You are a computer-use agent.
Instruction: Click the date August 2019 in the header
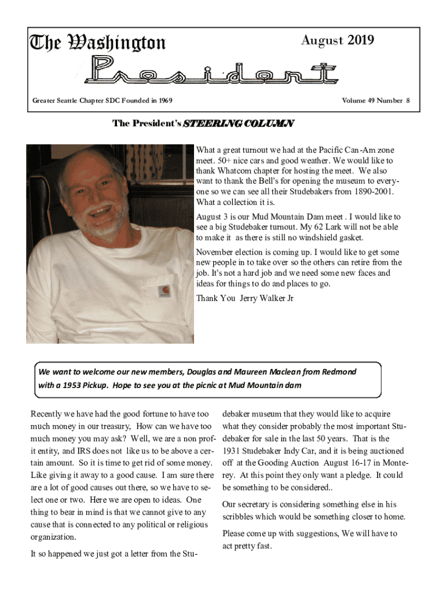pos(338,40)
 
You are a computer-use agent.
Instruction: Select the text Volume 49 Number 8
pos(375,101)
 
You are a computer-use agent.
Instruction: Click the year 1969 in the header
pos(164,101)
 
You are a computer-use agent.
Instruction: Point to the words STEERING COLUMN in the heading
pos(239,123)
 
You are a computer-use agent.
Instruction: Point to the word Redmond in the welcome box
pos(339,372)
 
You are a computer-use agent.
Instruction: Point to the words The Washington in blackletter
pos(98,42)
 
